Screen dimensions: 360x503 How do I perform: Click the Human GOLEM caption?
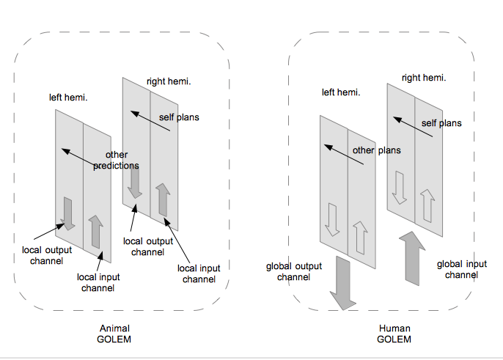point(394,334)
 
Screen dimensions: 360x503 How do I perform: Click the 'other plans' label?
point(377,150)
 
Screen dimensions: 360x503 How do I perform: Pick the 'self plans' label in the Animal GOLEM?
point(179,117)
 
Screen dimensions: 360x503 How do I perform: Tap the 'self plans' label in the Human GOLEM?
point(441,123)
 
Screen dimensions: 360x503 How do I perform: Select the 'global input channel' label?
point(462,269)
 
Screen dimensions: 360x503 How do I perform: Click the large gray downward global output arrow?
point(342,283)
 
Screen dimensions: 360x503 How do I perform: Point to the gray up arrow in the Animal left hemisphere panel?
point(95,232)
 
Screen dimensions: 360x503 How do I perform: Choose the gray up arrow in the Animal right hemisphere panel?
point(163,199)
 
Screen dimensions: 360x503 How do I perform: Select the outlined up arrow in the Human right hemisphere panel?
point(427,207)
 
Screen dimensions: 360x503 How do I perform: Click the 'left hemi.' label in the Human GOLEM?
point(341,92)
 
